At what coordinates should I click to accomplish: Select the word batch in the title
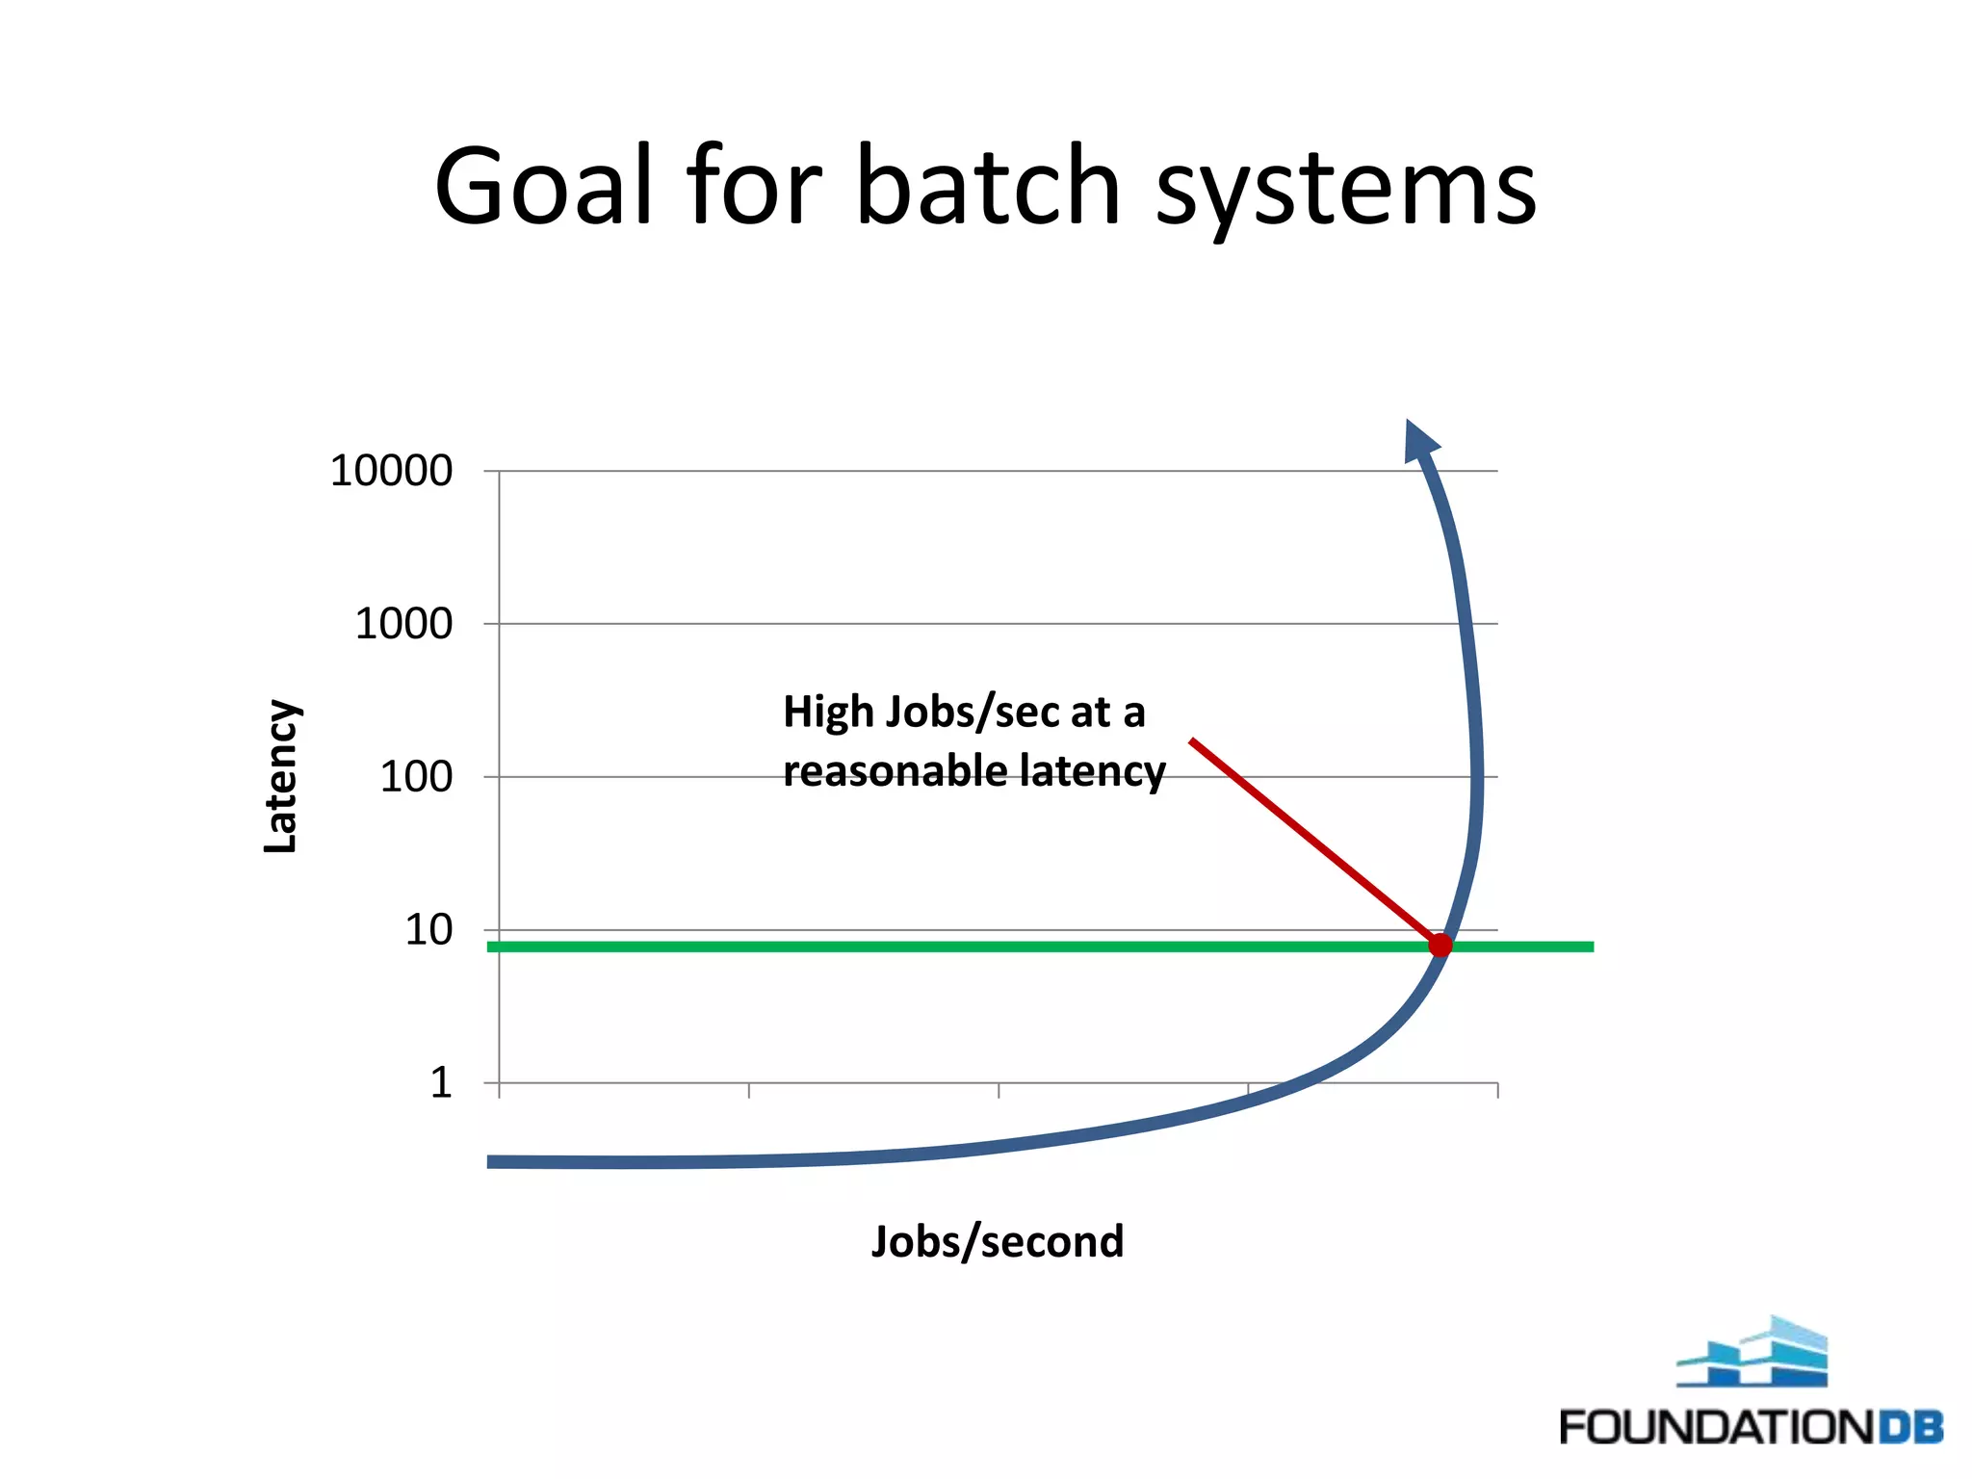click(x=988, y=185)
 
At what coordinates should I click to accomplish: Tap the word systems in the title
click(x=1345, y=189)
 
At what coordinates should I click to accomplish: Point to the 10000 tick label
click(x=391, y=471)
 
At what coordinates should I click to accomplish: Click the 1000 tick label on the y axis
click(x=403, y=624)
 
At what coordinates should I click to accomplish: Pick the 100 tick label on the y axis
click(x=416, y=777)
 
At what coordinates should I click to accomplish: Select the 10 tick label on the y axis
click(x=428, y=930)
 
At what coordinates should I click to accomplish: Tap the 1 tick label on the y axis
click(x=441, y=1083)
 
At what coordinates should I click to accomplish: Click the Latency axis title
click(x=280, y=776)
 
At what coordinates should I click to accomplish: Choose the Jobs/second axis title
click(x=998, y=1241)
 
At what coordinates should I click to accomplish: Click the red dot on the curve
click(x=1440, y=946)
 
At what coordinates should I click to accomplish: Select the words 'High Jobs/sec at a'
click(x=964, y=713)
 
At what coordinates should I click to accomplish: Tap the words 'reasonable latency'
click(x=973, y=771)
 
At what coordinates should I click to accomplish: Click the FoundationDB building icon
click(x=1753, y=1352)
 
